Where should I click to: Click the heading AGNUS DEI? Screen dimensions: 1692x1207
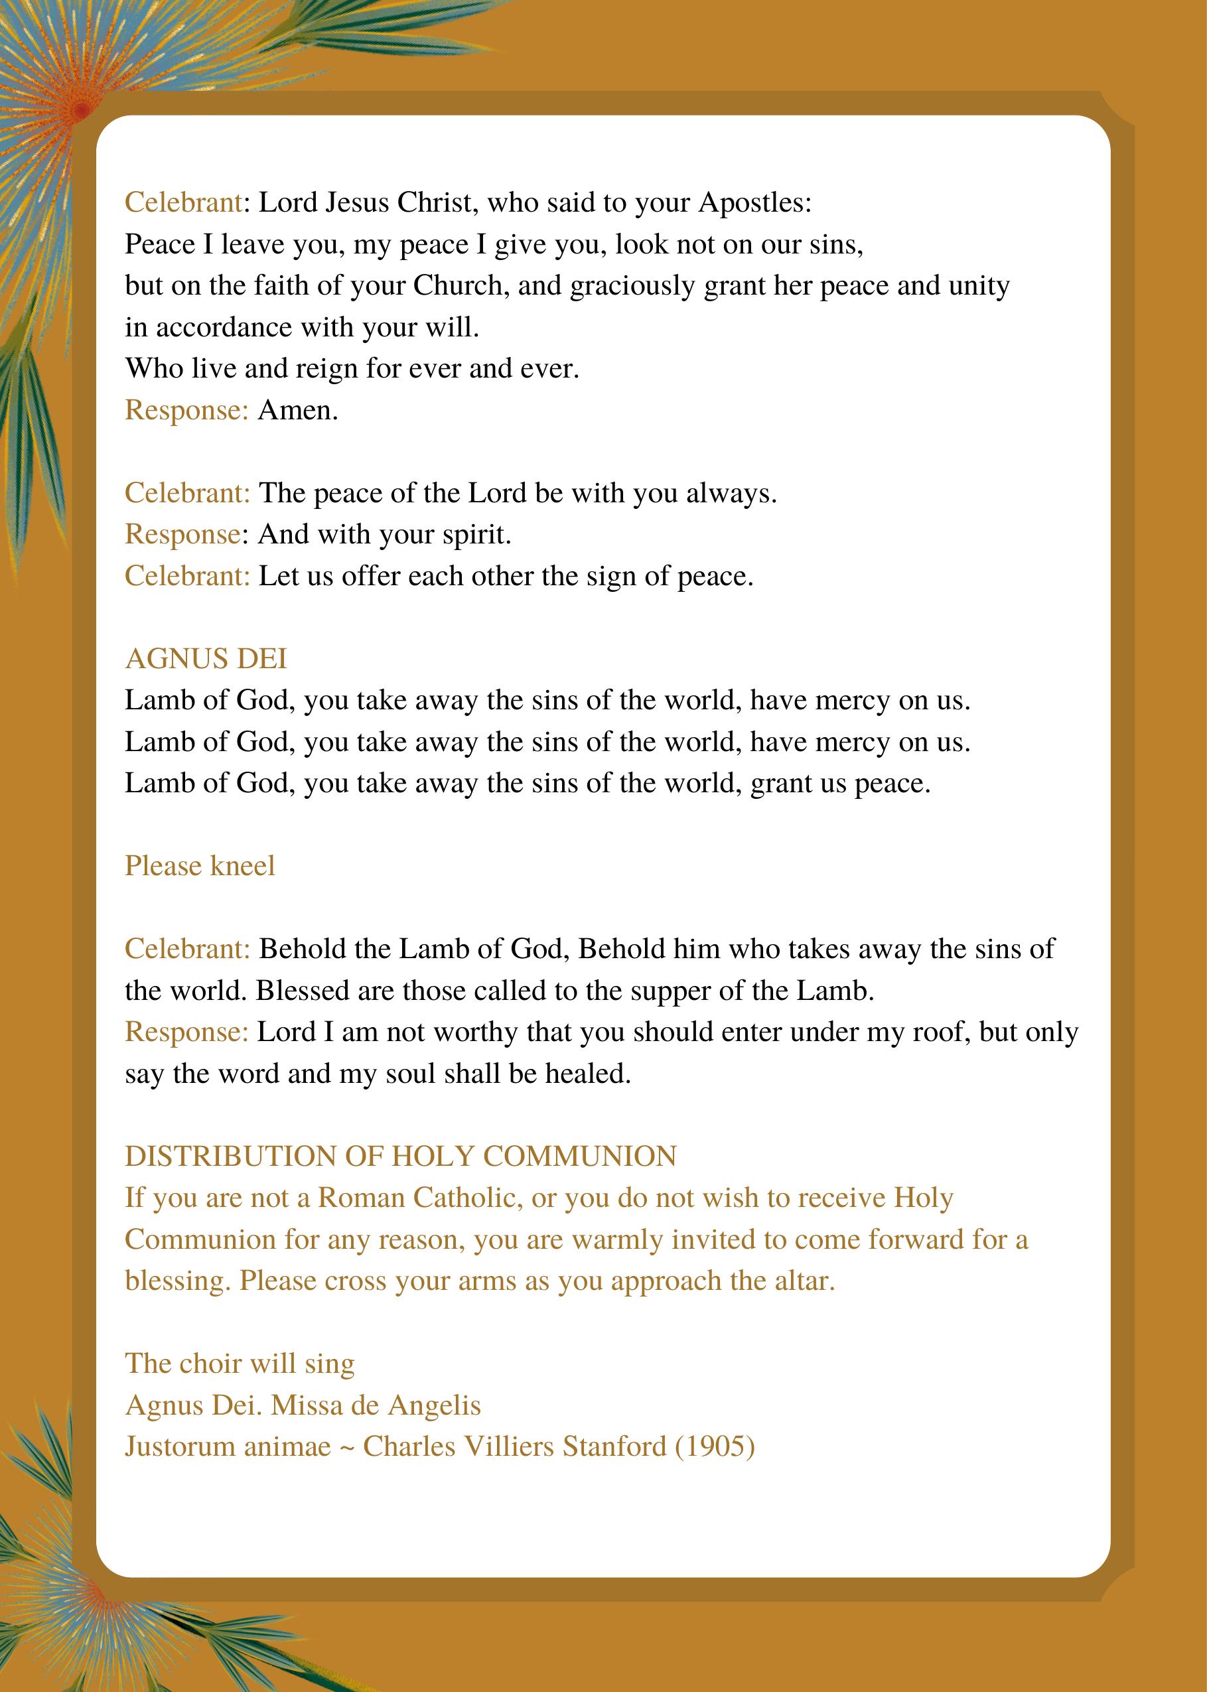click(x=206, y=659)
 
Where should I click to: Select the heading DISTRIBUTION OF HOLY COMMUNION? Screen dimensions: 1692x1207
click(x=401, y=1157)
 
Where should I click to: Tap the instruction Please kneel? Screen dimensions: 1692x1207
click(x=200, y=866)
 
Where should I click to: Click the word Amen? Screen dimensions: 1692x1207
click(x=298, y=410)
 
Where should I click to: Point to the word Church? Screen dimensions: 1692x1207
click(x=460, y=286)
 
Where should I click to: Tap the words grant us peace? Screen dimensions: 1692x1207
click(x=840, y=783)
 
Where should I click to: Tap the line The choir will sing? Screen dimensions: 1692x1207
click(x=240, y=1364)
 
